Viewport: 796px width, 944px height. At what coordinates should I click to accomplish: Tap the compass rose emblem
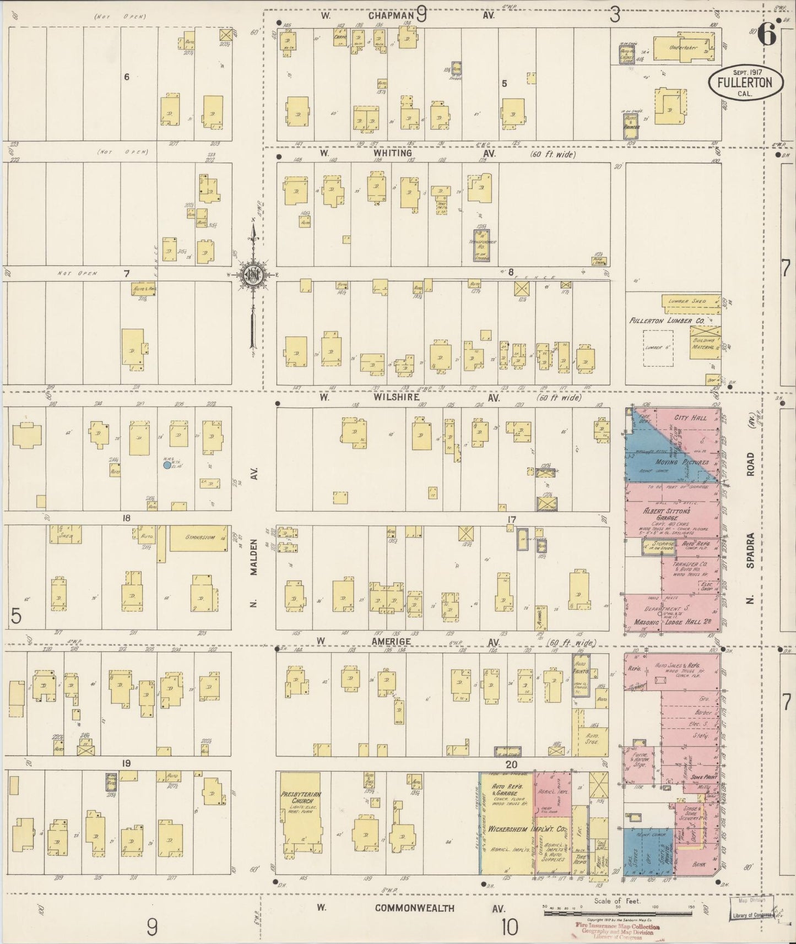coord(253,275)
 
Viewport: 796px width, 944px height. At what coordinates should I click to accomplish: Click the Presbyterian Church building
coord(300,814)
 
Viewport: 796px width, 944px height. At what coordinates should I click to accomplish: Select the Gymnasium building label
coord(199,538)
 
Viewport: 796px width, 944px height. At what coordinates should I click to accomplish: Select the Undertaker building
coord(683,48)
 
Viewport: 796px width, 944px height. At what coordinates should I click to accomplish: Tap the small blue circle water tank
coord(167,465)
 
